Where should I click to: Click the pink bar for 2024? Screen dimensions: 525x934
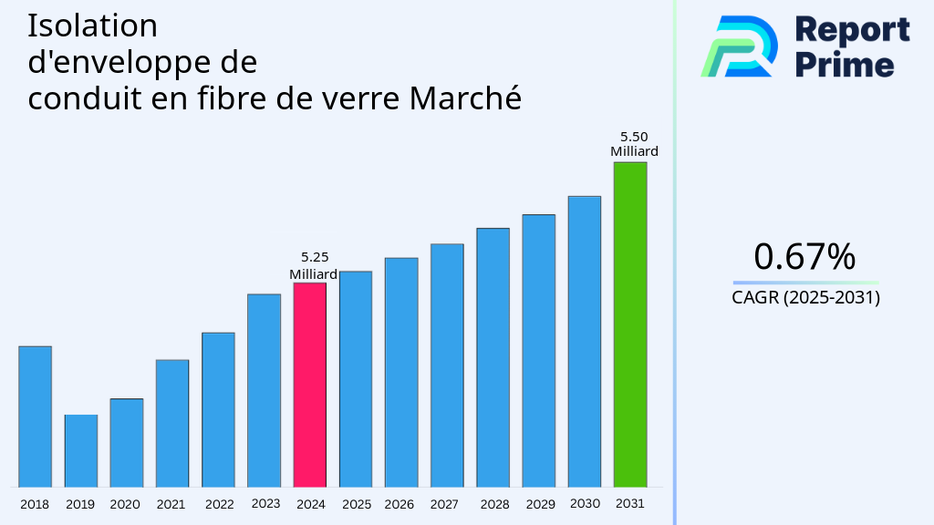click(309, 385)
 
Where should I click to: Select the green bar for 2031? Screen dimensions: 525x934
click(629, 324)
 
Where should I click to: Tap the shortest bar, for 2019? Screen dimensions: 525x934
click(80, 451)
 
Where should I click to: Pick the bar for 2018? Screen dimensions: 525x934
click(35, 417)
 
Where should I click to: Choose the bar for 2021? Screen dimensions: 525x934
click(172, 423)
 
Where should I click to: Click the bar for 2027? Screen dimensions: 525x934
click(447, 365)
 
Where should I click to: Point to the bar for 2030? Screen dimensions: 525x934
click(584, 342)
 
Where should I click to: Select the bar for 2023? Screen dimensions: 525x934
click(264, 390)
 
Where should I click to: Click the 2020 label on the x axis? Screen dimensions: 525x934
click(125, 504)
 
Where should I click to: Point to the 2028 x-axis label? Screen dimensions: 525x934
click(494, 504)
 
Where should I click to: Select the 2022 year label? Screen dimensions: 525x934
click(219, 504)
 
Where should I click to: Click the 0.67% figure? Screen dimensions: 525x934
click(804, 257)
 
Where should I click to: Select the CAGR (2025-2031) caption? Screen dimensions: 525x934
click(805, 297)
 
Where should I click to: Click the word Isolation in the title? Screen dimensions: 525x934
click(92, 26)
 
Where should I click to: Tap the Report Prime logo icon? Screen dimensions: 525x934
click(739, 46)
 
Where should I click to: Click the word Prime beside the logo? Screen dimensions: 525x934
click(845, 65)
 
